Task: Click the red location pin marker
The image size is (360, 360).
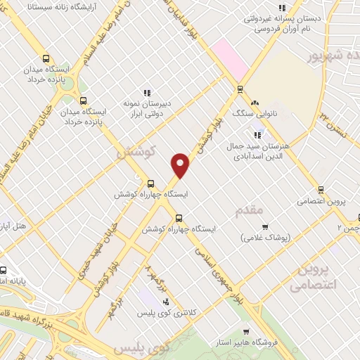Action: [x=181, y=165]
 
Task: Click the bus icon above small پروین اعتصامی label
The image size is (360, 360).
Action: [x=321, y=190]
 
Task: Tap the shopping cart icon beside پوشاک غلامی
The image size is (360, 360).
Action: [x=264, y=226]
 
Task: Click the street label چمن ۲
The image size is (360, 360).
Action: [x=349, y=228]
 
